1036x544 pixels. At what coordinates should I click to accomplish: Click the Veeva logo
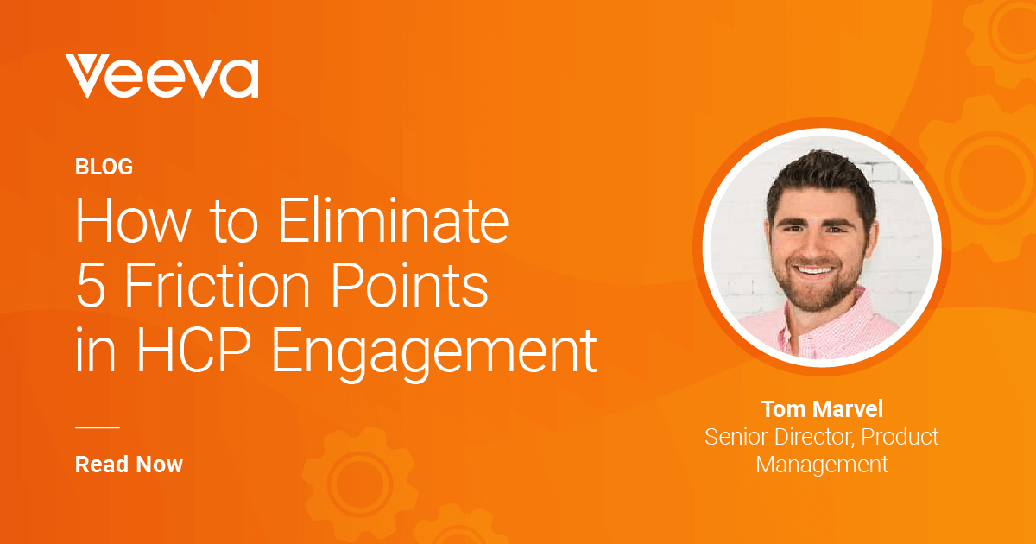(162, 76)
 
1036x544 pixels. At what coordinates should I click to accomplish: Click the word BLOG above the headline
(104, 167)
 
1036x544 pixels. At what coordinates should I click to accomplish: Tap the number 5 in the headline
(90, 284)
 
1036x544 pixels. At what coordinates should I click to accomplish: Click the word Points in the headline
(410, 283)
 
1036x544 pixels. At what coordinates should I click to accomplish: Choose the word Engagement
(433, 354)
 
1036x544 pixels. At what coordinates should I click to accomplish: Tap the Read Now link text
(129, 465)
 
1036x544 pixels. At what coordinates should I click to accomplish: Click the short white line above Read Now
(98, 427)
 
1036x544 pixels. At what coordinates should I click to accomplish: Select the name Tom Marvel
(822, 409)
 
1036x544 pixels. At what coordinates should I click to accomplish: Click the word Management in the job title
(822, 465)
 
